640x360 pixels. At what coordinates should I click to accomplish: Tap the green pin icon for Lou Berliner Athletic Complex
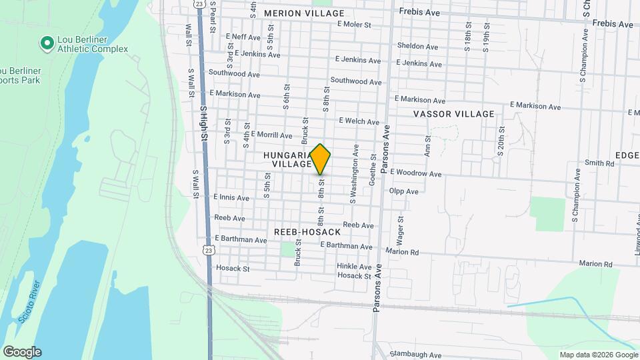coord(47,44)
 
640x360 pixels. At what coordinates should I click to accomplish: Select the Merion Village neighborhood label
coord(304,13)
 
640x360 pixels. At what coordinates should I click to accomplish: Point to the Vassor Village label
coord(454,114)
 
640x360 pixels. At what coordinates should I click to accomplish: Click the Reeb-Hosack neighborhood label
coord(307,232)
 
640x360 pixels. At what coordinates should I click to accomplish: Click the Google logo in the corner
coord(22,352)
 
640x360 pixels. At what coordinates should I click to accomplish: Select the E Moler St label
coord(354,24)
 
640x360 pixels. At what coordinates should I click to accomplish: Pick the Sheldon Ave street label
coord(417,47)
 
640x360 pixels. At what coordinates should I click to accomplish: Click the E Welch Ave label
coord(359,121)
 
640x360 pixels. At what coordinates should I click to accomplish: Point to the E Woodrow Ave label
coord(416,173)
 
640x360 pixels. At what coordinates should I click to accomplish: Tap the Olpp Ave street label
coord(404,191)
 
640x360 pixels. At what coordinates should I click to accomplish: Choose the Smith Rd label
coord(599,163)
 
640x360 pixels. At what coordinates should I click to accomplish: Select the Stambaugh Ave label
coord(415,355)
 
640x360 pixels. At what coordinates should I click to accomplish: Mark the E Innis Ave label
coord(231,197)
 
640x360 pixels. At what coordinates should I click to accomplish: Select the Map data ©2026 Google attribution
coord(598,355)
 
